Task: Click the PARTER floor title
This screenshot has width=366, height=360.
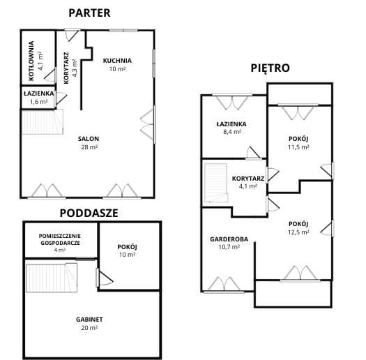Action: coord(89,13)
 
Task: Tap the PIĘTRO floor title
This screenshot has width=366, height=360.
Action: coord(270,68)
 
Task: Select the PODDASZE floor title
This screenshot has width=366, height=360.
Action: coord(89,213)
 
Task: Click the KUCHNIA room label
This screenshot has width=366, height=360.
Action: coord(117,61)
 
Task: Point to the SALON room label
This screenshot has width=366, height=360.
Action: coord(89,139)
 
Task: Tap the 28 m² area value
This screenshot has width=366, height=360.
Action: coord(89,147)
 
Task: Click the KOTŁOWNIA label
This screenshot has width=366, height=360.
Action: coord(31,61)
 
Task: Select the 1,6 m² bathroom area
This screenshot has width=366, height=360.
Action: coord(39,102)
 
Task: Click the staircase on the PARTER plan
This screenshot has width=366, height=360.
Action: coord(43,122)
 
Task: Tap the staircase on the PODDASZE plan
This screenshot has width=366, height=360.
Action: coord(52,278)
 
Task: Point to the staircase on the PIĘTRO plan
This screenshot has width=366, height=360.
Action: coord(216,183)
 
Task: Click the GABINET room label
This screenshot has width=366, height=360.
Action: coord(89,320)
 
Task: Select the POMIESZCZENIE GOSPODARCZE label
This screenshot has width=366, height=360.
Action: coord(60,239)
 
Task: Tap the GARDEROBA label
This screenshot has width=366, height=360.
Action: coord(229,239)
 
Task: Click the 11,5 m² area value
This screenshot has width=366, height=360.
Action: coord(298,147)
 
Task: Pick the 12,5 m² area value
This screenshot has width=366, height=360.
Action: coord(298,232)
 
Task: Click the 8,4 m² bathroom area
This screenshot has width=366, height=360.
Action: coord(232,132)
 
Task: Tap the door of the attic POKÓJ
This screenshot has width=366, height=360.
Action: coord(104,278)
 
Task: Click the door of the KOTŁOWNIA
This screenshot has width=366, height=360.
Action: coord(50,75)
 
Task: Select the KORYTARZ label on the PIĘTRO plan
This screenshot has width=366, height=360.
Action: coord(248,179)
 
